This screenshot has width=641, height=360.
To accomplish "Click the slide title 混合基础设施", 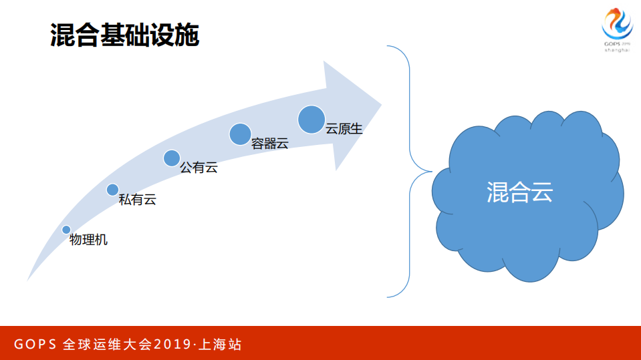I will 124,35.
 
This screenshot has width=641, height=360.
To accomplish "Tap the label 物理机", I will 88,240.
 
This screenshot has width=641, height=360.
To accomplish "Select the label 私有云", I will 137,199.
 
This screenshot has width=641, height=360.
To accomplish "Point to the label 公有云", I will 199,168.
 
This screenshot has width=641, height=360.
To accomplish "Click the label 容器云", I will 269,143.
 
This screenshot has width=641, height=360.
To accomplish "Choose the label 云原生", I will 344,129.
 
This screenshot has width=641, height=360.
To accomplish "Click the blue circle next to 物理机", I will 66,230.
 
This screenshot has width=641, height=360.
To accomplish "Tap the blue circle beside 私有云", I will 112,190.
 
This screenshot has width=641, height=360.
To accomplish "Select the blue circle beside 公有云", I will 172,158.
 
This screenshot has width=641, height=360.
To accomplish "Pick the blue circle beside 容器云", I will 240,134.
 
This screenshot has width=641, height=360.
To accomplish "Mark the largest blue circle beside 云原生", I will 311,120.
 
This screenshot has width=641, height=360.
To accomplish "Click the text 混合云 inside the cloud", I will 519,193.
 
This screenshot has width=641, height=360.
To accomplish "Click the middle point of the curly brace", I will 411,171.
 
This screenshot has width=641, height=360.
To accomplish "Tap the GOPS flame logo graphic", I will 617,25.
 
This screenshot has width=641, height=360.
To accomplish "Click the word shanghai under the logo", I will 617,49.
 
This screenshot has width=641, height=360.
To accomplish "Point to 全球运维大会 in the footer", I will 107,345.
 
